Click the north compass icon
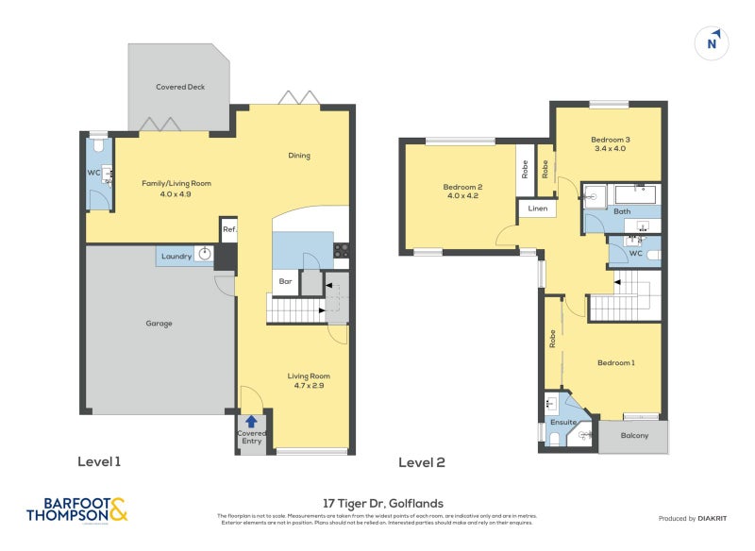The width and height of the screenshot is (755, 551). (713, 42)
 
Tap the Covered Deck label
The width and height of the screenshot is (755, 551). (179, 87)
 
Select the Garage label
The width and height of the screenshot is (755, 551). (159, 324)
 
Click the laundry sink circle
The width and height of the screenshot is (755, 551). (204, 255)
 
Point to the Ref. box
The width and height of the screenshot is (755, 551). (229, 230)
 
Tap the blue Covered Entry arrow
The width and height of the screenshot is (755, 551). (252, 423)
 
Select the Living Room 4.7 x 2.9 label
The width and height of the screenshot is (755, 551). (309, 381)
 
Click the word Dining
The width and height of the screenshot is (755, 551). (298, 156)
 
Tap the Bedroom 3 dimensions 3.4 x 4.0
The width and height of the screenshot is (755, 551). (610, 149)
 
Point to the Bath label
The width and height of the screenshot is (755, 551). (622, 211)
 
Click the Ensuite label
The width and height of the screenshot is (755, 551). (563, 423)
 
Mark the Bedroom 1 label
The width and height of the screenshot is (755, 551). (615, 362)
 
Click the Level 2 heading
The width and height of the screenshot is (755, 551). (421, 462)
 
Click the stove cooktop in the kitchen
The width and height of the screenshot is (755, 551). (342, 250)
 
